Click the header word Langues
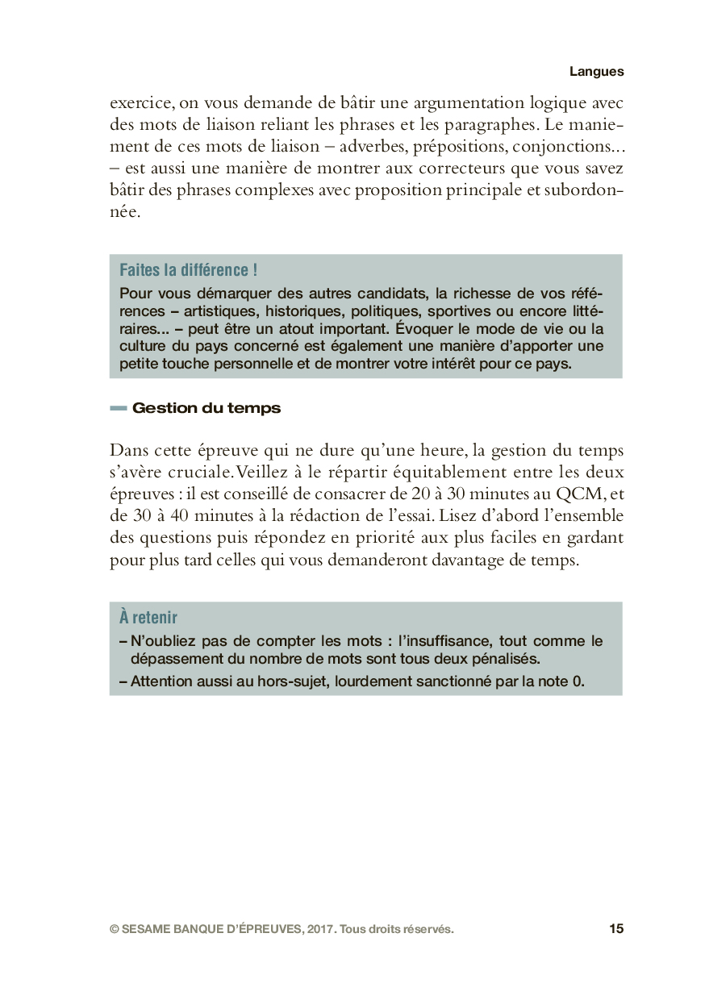[x=596, y=71]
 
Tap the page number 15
[x=616, y=929]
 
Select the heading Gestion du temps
[x=206, y=408]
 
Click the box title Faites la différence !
[x=188, y=270]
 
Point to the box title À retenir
[x=148, y=618]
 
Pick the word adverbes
[x=369, y=147]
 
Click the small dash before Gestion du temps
[x=119, y=409]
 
